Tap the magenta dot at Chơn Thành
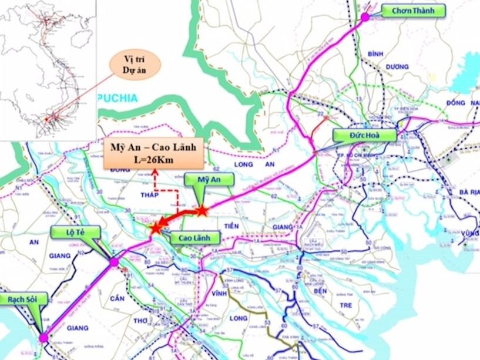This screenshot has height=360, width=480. (365, 17)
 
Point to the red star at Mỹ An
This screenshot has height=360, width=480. (202, 210)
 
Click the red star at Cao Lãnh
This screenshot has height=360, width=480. (156, 228)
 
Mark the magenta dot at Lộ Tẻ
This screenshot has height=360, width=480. (113, 262)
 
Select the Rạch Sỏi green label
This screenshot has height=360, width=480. (20, 299)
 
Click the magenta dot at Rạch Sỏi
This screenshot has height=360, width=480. (43, 338)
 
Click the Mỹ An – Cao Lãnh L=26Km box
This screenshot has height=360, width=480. (154, 154)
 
